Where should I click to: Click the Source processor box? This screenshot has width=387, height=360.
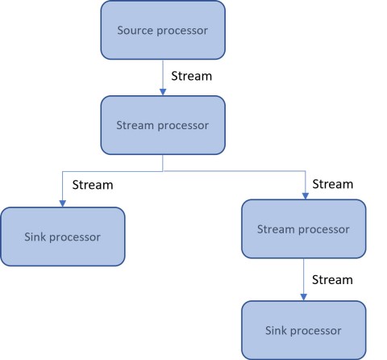(x=163, y=30)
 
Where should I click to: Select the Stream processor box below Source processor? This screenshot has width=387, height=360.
(x=163, y=125)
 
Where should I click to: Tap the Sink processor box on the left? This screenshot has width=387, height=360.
(x=63, y=237)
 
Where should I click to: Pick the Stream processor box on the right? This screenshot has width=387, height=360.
(x=304, y=229)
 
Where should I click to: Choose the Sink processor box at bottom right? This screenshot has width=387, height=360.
(x=304, y=330)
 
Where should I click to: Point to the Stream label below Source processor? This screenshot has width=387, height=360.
(x=192, y=76)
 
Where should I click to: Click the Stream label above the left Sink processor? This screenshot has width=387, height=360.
(x=93, y=185)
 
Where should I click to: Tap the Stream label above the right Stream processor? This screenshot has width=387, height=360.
(x=333, y=184)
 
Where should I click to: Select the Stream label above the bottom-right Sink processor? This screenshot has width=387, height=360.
(x=332, y=280)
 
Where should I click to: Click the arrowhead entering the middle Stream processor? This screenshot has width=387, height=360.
(x=163, y=92)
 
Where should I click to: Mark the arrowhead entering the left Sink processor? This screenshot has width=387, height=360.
(x=63, y=203)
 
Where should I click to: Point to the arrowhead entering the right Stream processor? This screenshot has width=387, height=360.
(x=306, y=196)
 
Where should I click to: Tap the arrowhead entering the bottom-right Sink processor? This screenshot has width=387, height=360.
(x=304, y=297)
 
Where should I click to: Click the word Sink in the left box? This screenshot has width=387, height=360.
(x=35, y=237)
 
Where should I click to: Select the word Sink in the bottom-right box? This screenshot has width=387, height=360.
(x=277, y=330)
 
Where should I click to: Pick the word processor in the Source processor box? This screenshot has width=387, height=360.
(x=182, y=31)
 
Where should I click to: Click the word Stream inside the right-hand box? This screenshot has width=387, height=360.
(x=276, y=229)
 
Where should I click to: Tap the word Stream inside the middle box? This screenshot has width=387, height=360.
(x=135, y=125)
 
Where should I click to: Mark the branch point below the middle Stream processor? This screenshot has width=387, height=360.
(x=163, y=171)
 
